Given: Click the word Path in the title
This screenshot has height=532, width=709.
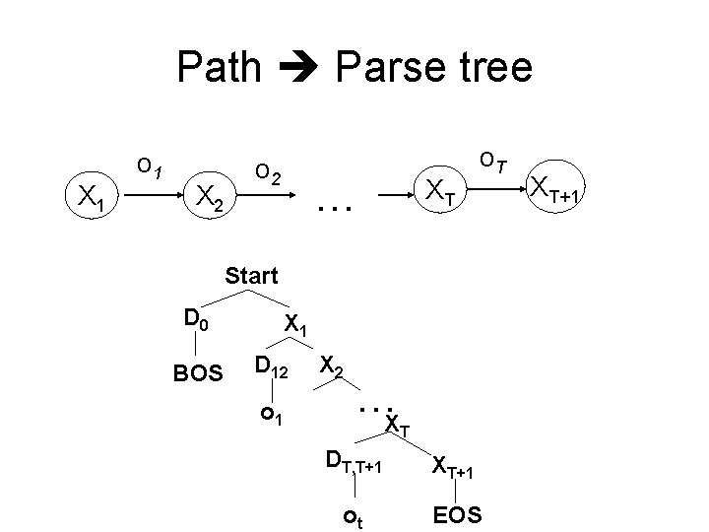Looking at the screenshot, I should click(x=220, y=68).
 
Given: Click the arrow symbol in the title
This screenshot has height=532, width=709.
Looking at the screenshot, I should click(x=299, y=69).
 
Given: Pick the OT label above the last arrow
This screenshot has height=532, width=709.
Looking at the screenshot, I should click(x=490, y=161).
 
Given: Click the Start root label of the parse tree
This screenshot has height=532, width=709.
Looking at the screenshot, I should click(x=251, y=275).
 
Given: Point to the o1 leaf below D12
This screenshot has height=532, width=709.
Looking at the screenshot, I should click(x=271, y=417).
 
